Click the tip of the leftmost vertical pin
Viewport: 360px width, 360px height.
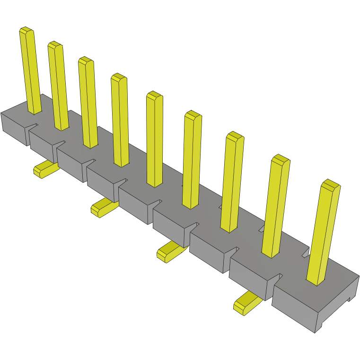26,31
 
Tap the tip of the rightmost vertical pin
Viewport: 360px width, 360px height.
331,184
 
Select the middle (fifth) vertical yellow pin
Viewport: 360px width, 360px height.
155,140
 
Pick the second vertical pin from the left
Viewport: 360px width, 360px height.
58,85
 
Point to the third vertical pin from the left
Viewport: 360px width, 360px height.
88,102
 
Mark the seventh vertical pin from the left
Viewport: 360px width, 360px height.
232,182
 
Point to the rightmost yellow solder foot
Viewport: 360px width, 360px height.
246,304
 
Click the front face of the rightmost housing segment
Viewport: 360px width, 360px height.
294,307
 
